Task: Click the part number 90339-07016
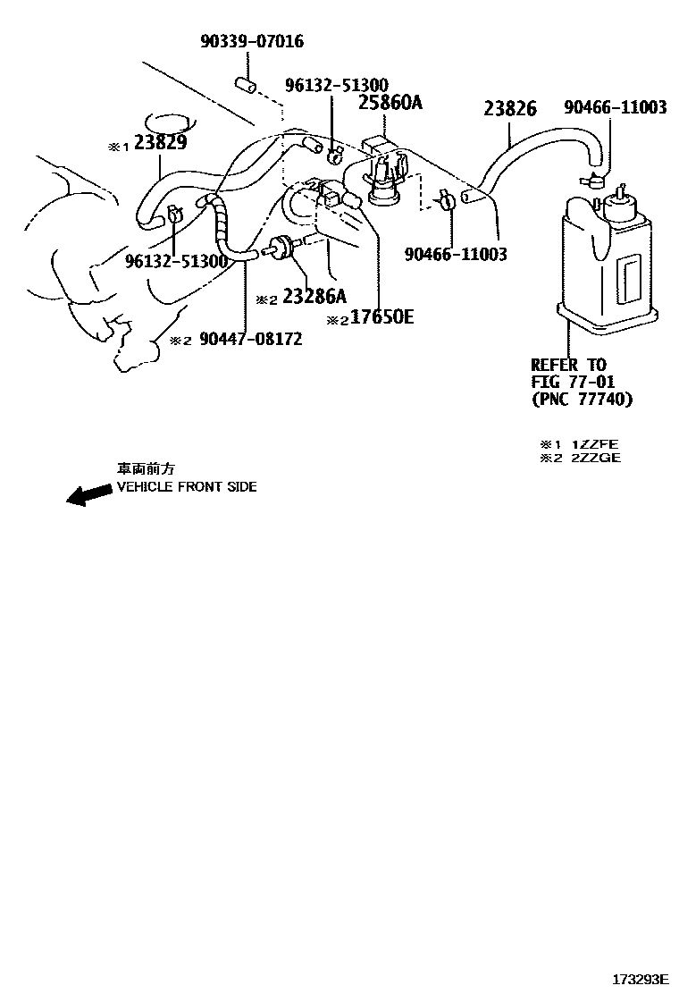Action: (251, 41)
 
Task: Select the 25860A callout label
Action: (390, 103)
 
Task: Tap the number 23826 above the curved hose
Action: (510, 109)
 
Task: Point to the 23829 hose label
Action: (161, 144)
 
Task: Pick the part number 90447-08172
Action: (250, 339)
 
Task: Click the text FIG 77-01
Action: (573, 382)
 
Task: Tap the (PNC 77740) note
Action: (582, 399)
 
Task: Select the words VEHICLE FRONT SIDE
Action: (187, 487)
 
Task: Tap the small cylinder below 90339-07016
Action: (246, 86)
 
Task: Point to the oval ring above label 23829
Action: (167, 122)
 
